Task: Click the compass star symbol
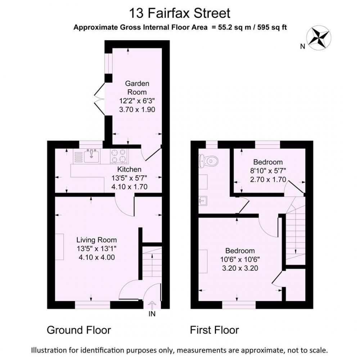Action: [x=319, y=38]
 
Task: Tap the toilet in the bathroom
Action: [x=208, y=161]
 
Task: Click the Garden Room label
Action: [x=137, y=88]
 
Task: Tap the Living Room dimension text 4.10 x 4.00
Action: [x=96, y=257]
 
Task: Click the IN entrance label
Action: [x=152, y=314]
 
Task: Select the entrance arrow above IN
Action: [x=152, y=305]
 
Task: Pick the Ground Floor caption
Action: [x=79, y=330]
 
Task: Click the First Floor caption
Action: [x=215, y=330]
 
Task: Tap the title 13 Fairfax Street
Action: [x=180, y=13]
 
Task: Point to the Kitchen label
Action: [x=129, y=170]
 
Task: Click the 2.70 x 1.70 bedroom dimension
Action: [x=268, y=179]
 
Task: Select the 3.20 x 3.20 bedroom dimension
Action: [x=240, y=268]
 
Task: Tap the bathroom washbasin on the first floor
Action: [x=203, y=201]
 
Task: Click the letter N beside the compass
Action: [x=303, y=46]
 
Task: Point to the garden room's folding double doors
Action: [x=99, y=99]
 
